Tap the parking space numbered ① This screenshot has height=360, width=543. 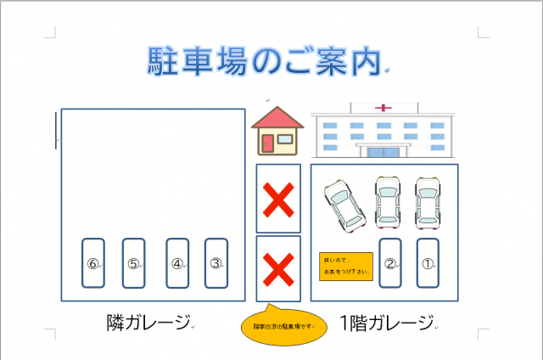428,263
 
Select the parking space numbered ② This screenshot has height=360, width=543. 390,263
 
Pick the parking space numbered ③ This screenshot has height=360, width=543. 216,263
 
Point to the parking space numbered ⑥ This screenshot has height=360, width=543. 93,263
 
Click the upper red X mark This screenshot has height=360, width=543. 277,199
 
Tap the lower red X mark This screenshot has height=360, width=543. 277,269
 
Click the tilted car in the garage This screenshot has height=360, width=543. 345,205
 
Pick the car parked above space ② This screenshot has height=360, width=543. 389,201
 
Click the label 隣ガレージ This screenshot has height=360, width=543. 149,323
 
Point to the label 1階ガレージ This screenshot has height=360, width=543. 386,323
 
